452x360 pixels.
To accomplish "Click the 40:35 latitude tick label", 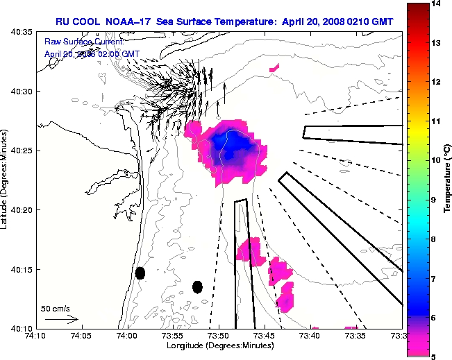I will coord(19,32).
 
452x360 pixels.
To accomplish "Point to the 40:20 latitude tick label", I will coord(19,209).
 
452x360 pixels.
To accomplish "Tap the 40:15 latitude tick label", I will coord(19,269).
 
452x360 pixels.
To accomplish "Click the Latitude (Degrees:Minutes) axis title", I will coord(6,180).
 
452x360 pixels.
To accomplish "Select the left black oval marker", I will coord(140,273).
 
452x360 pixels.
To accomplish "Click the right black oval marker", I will coord(197,286).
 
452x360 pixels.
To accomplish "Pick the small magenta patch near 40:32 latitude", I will coord(274,68).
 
